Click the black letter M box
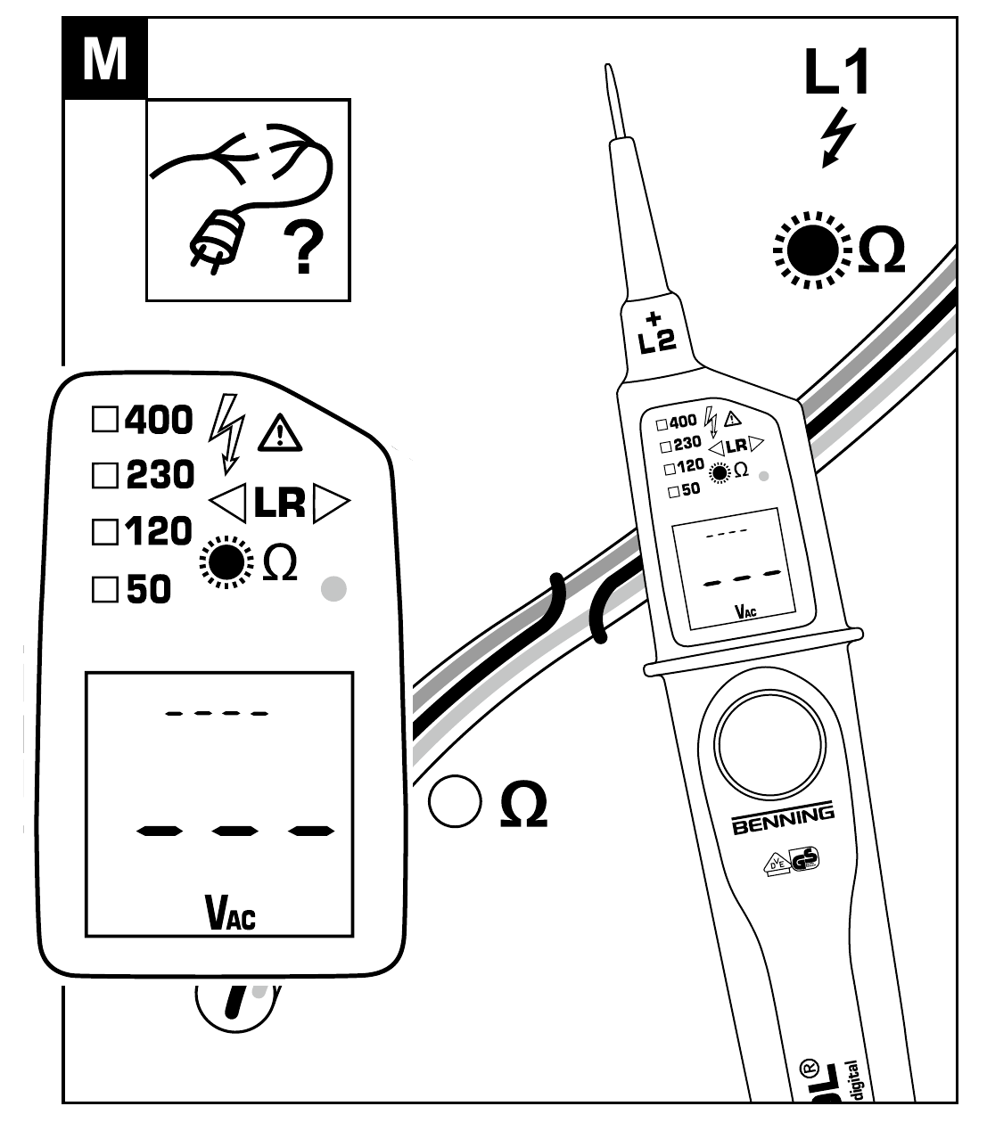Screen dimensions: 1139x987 pos(104,58)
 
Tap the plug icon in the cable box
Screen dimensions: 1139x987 pos(212,241)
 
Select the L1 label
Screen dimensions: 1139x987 pos(836,74)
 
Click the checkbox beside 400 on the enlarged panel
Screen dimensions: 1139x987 pos(105,420)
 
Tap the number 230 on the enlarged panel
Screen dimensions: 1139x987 pos(160,475)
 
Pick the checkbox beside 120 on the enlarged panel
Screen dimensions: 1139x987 pos(105,533)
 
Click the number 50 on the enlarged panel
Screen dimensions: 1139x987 pos(149,590)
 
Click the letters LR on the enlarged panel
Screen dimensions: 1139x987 pos(279,504)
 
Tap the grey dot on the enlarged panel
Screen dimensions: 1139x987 pos(333,589)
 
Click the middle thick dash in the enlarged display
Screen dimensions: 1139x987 pos(235,832)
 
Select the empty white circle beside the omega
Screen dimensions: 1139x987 pos(455,800)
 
